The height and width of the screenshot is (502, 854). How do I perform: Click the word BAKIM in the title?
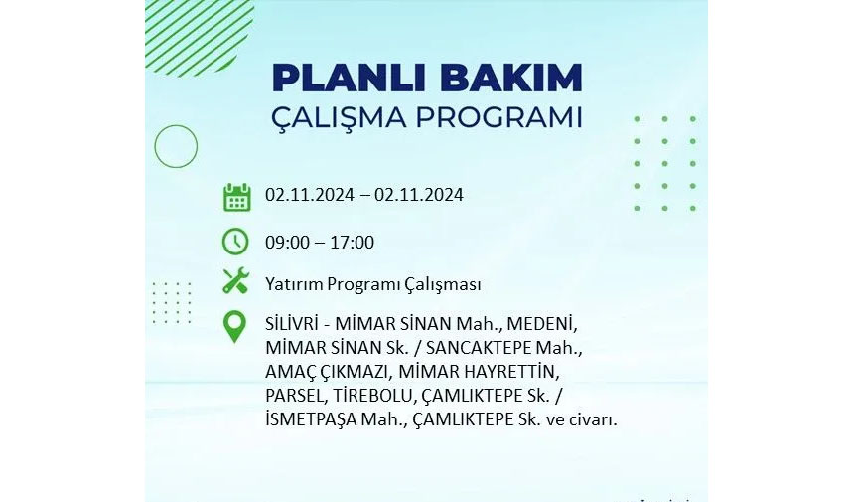[x=511, y=78]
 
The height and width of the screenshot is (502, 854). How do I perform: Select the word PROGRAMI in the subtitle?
[x=498, y=117]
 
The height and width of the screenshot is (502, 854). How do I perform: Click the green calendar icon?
[x=237, y=197]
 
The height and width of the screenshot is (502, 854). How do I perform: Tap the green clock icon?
[x=235, y=242]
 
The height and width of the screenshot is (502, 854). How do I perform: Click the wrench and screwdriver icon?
[x=236, y=281]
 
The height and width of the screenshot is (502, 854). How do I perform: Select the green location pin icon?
[x=234, y=327]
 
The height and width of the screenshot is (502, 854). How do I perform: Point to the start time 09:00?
[x=287, y=242]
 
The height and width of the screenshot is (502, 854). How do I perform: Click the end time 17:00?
[x=352, y=242]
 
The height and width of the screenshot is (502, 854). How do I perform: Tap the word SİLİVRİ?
[x=291, y=324]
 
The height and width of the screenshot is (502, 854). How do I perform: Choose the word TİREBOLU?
[x=371, y=396]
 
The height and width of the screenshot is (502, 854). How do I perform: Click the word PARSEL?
[x=295, y=396]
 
